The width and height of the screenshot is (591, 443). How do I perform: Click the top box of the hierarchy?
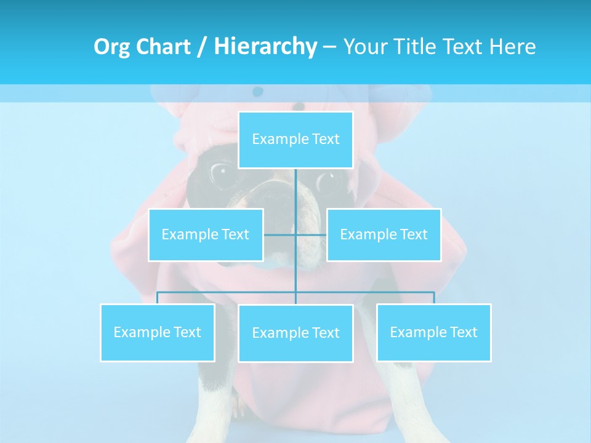pos(295,140)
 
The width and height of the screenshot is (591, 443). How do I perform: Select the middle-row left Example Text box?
pos(206,234)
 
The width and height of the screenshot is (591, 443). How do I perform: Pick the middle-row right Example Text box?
pos(384,234)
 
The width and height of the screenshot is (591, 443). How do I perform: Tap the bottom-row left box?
pos(157,332)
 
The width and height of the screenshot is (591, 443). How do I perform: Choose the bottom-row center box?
pos(295,333)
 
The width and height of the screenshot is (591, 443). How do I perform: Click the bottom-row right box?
pos(433,332)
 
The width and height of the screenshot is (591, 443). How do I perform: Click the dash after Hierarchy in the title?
pos(329,47)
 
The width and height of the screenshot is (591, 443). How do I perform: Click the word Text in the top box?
pos(326,140)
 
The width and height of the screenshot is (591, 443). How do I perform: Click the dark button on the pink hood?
pos(257,92)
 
